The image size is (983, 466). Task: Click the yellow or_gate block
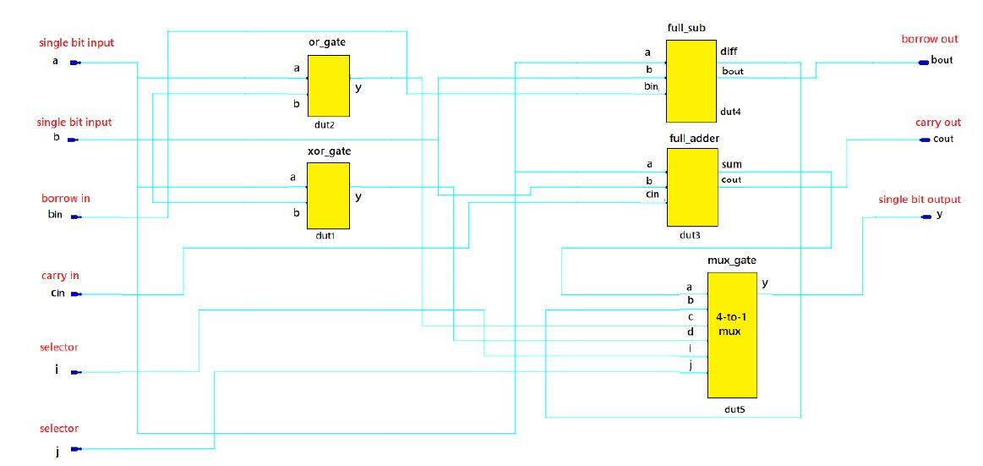click(328, 86)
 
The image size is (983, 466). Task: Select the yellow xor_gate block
click(328, 195)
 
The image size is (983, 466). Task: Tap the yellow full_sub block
click(691, 81)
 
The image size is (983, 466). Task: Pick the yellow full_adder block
click(692, 187)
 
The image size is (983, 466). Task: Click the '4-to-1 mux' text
click(729, 324)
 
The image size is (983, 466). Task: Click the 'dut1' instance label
click(325, 236)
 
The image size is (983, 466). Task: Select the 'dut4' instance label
click(731, 112)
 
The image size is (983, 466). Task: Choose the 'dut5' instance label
click(733, 409)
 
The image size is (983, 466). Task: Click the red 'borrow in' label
click(66, 199)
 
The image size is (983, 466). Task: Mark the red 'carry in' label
click(60, 276)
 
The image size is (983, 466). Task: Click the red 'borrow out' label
click(930, 40)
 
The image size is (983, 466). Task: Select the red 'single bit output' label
click(920, 200)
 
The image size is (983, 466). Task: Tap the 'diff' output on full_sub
click(729, 52)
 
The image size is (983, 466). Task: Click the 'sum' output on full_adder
click(731, 165)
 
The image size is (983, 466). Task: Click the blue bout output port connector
click(923, 61)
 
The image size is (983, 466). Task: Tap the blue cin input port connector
click(75, 294)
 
